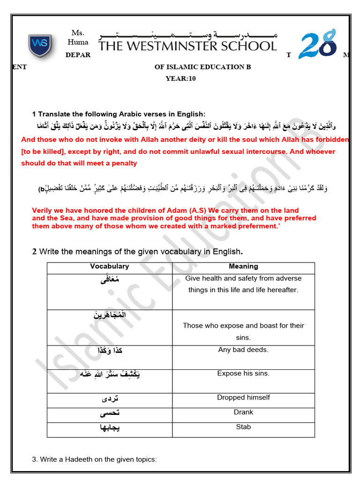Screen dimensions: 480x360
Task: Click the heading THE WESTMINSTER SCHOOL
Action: click(187, 46)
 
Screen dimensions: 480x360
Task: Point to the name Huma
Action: click(78, 42)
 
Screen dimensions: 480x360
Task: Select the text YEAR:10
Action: click(180, 79)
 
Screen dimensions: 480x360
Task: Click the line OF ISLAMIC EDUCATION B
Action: click(203, 67)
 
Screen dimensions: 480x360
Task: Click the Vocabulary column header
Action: click(109, 266)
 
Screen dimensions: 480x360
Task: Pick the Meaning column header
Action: click(243, 266)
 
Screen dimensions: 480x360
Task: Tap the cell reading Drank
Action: click(243, 412)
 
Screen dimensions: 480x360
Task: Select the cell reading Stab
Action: click(243, 427)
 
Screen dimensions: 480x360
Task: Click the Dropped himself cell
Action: click(243, 397)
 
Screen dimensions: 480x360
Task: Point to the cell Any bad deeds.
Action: click(243, 350)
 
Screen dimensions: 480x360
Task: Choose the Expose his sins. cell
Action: click(243, 374)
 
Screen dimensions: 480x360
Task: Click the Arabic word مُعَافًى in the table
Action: click(110, 280)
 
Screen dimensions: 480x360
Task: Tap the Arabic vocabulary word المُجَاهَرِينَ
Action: click(110, 315)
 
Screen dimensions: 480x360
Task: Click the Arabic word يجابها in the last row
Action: click(110, 429)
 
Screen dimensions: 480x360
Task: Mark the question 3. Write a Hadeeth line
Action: click(94, 459)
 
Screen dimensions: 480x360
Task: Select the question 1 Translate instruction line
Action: click(119, 114)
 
